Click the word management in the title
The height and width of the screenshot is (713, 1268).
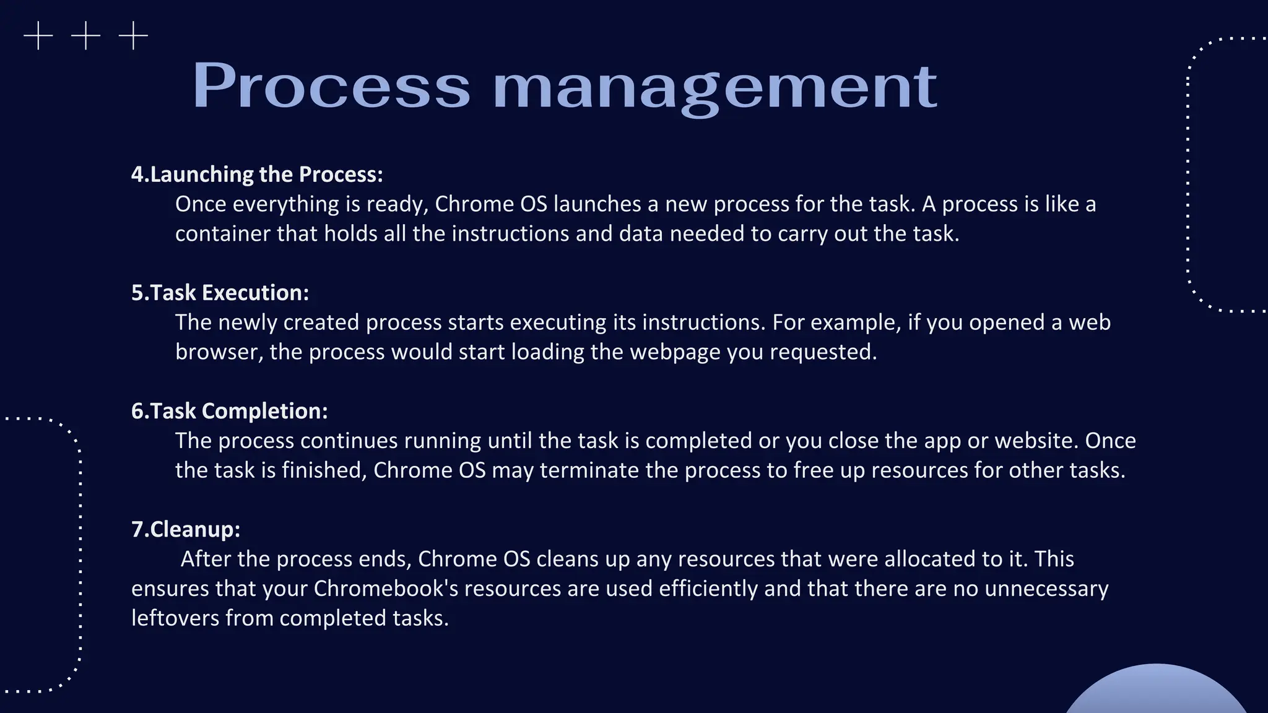click(x=714, y=87)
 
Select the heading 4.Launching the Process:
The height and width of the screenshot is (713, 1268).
click(x=257, y=175)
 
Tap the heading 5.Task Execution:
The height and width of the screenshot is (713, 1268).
click(x=220, y=293)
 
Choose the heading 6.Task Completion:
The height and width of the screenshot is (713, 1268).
click(x=229, y=411)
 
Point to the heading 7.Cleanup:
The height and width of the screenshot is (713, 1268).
click(x=186, y=529)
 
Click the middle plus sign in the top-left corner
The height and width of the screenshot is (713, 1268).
click(x=85, y=36)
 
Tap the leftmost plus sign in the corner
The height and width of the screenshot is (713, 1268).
click(x=38, y=36)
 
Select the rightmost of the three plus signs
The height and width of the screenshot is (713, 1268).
click(x=133, y=36)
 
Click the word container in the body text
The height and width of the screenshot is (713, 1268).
click(x=223, y=234)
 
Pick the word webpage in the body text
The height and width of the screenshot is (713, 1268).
click(x=675, y=352)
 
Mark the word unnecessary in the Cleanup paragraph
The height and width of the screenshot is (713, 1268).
click(x=1046, y=589)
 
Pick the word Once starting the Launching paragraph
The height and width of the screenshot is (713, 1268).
click(x=201, y=204)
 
